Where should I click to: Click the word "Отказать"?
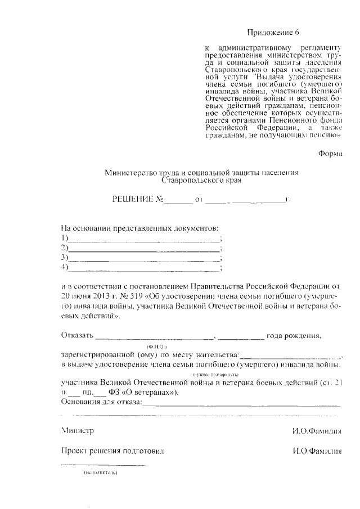pyautogui.click(x=76, y=336)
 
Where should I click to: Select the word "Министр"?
pyautogui.click(x=78, y=431)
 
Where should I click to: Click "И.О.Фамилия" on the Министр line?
pyautogui.click(x=317, y=431)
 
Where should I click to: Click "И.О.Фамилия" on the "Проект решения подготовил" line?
pyautogui.click(x=317, y=451)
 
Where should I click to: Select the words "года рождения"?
pyautogui.click(x=294, y=336)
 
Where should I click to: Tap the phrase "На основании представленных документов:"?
pyautogui.click(x=138, y=228)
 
